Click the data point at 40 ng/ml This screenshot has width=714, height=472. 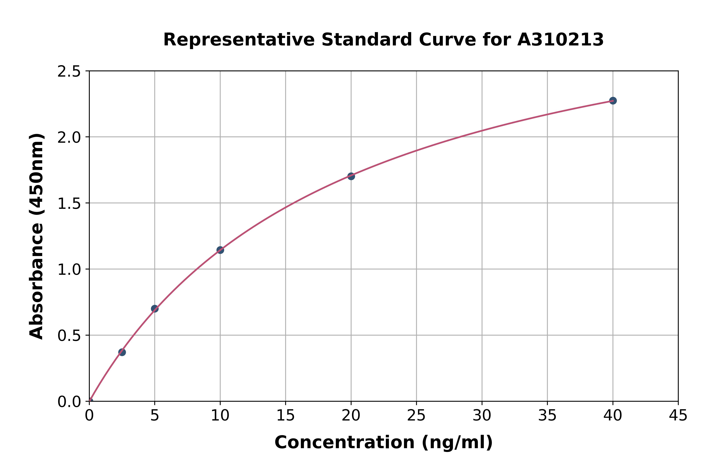click(x=613, y=101)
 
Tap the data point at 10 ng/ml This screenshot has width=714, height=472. click(x=220, y=250)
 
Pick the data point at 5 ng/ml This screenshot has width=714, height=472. click(x=155, y=308)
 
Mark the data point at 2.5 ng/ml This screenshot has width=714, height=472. click(x=122, y=352)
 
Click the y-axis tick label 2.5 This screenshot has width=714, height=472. click(x=69, y=72)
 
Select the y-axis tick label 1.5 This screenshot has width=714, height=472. click(x=69, y=203)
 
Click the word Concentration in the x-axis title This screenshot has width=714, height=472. click(x=345, y=442)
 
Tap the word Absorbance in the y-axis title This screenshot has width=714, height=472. click(x=37, y=283)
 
